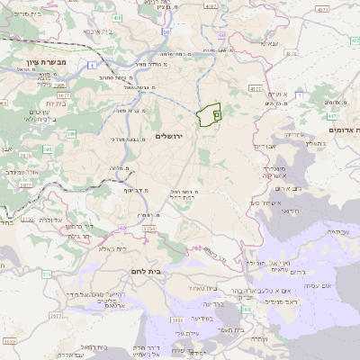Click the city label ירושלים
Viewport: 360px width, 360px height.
point(168,136)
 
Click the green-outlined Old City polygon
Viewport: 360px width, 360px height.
point(209,115)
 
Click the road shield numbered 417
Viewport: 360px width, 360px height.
point(332,115)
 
